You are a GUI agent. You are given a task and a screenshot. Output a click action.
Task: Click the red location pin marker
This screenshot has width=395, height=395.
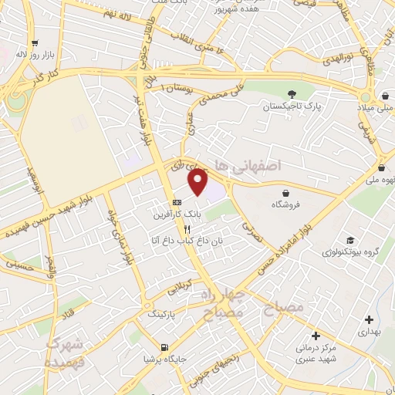198,182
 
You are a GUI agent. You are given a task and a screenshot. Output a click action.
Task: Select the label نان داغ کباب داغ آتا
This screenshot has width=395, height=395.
187,241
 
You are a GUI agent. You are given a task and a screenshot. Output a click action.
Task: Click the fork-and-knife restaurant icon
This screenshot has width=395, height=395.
187,229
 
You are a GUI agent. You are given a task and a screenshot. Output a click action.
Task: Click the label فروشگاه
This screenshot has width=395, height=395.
285,205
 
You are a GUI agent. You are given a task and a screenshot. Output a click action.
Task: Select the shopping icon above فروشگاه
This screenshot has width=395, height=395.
286,193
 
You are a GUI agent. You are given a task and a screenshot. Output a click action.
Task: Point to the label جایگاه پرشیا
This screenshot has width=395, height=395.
160,359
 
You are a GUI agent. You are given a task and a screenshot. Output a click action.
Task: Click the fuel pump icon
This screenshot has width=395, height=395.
162,347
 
